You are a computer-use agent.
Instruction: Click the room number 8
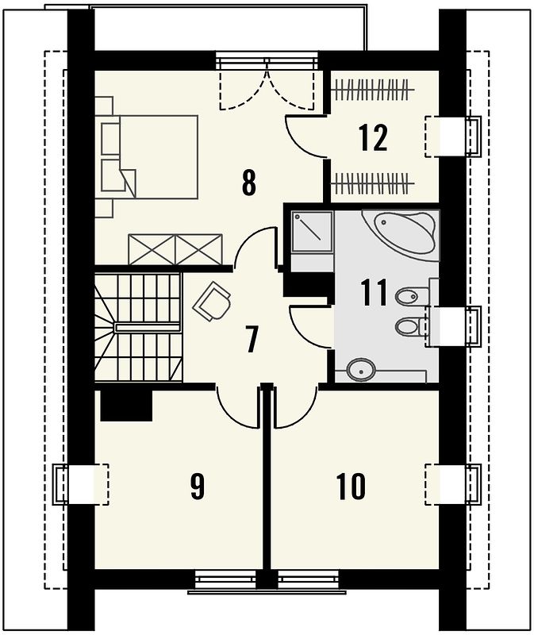point(249,183)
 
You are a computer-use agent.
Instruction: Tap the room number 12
point(373,138)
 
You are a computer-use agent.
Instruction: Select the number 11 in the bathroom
point(375,292)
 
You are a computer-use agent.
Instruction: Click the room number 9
point(197,486)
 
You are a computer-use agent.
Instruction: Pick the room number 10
point(351,486)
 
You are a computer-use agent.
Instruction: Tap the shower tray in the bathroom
point(313,232)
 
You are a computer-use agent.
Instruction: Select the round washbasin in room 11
point(361,369)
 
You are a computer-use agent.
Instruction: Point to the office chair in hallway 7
point(212,301)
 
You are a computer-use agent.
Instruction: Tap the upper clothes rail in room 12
point(373,88)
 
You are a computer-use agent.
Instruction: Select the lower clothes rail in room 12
point(373,183)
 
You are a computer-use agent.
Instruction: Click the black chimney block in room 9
point(126,406)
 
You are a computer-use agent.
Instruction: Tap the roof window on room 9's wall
point(81,484)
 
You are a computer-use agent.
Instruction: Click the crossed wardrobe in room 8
point(175,249)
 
